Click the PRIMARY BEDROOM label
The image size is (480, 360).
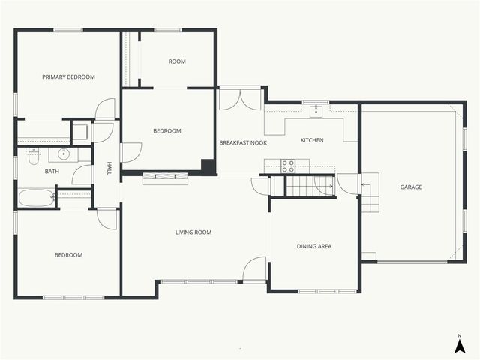pyautogui.click(x=68, y=76)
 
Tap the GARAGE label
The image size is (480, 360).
pyautogui.click(x=410, y=187)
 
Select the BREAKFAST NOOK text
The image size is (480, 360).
pyautogui.click(x=243, y=142)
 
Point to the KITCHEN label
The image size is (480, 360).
pyautogui.click(x=312, y=140)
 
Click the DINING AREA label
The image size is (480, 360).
pyautogui.click(x=314, y=246)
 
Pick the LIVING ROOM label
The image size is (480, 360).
pyautogui.click(x=193, y=232)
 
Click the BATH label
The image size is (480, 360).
pyautogui.click(x=52, y=171)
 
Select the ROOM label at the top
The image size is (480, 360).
pyautogui.click(x=177, y=61)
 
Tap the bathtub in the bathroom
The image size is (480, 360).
pyautogui.click(x=36, y=198)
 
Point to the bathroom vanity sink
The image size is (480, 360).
pyautogui.click(x=64, y=155)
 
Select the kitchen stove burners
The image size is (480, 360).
pyautogui.click(x=288, y=165)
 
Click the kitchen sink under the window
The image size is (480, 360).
pyautogui.click(x=316, y=111)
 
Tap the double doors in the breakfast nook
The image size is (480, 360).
pyautogui.click(x=240, y=100)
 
